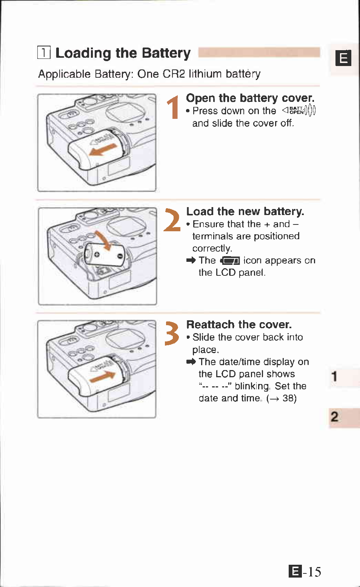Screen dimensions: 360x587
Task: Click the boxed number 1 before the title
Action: click(44, 52)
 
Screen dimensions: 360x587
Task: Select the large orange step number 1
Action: click(173, 108)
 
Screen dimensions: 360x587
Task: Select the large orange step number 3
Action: click(172, 333)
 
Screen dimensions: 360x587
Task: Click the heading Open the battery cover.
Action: click(250, 98)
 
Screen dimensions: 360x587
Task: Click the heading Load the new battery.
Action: click(245, 211)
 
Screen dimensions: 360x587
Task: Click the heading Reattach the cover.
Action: click(239, 324)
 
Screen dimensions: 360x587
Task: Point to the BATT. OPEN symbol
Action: click(299, 110)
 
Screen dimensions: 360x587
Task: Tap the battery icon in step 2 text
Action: click(230, 261)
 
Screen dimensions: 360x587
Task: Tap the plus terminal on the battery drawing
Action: click(97, 255)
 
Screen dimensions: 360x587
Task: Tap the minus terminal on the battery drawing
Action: click(120, 257)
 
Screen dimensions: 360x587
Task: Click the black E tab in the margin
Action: click(343, 58)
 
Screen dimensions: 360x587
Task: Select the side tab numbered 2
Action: click(334, 417)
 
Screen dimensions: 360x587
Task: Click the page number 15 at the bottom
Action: click(314, 572)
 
